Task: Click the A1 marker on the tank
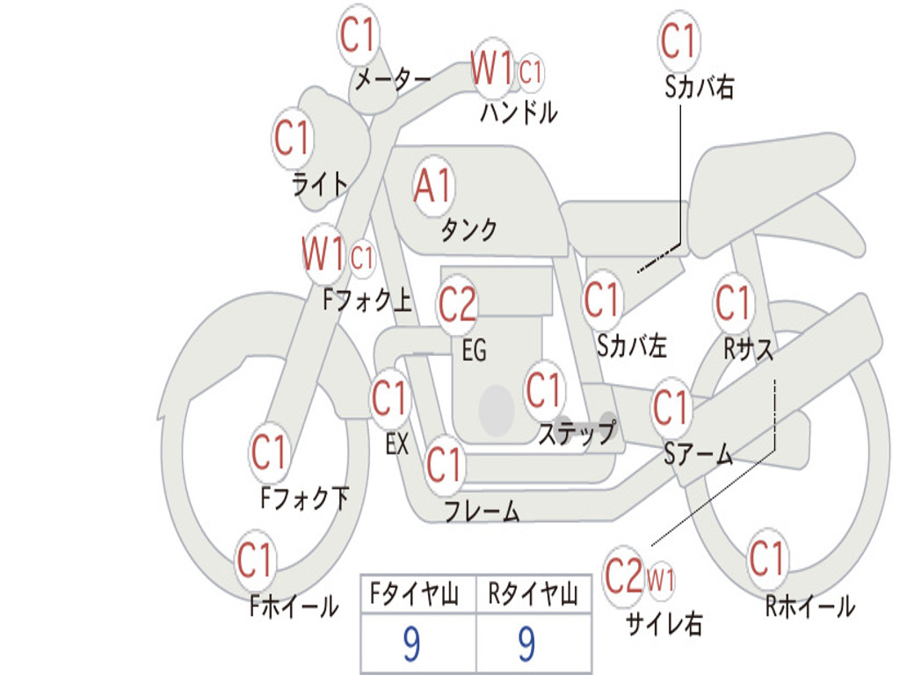pyautogui.click(x=433, y=186)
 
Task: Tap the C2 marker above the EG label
pyautogui.click(x=457, y=304)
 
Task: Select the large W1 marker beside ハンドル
pyautogui.click(x=492, y=69)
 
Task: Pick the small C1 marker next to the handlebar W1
pyautogui.click(x=530, y=72)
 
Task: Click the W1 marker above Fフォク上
pyautogui.click(x=323, y=254)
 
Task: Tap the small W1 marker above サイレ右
pyautogui.click(x=661, y=580)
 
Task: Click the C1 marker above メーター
pyautogui.click(x=358, y=34)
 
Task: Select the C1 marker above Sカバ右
pyautogui.click(x=679, y=40)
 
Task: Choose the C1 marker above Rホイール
pyautogui.click(x=766, y=559)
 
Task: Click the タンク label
pyautogui.click(x=468, y=229)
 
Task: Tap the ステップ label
pyautogui.click(x=577, y=433)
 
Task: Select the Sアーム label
pyautogui.click(x=699, y=454)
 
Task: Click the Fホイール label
pyautogui.click(x=294, y=606)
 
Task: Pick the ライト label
pyautogui.click(x=320, y=185)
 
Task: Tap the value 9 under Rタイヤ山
pyautogui.click(x=526, y=643)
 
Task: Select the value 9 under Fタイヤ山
pyautogui.click(x=411, y=643)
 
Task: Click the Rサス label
pyautogui.click(x=748, y=348)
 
